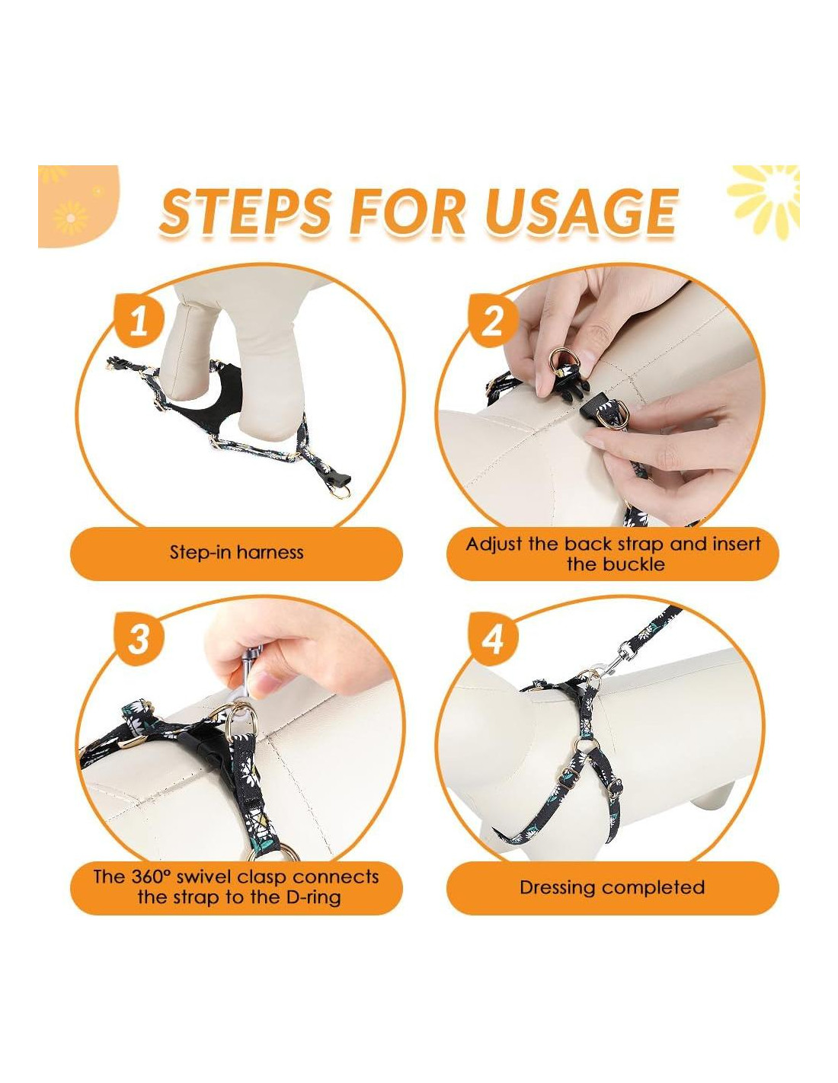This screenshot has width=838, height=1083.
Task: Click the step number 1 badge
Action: click(x=139, y=321)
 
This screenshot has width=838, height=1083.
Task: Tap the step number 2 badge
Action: click(x=493, y=321)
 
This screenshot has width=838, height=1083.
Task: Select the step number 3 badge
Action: click(x=139, y=639)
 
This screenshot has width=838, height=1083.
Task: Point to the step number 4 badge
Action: click(x=493, y=639)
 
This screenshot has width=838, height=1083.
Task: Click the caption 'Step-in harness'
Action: click(x=236, y=552)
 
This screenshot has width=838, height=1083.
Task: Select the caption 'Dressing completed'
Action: click(x=613, y=887)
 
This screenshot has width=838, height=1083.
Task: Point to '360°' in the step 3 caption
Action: click(x=152, y=877)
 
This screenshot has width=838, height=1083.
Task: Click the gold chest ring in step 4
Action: click(x=587, y=747)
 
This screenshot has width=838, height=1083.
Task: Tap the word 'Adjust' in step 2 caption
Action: click(x=494, y=545)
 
